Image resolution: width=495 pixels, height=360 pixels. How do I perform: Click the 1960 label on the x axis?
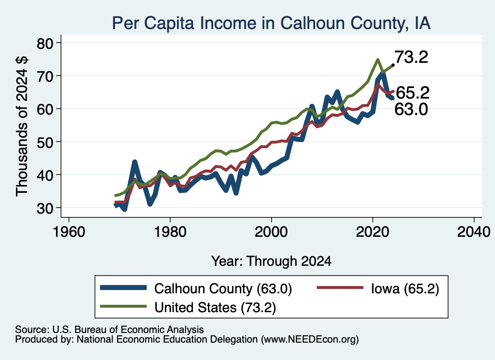coord(69,232)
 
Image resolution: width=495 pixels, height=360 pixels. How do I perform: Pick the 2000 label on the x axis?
coord(271,232)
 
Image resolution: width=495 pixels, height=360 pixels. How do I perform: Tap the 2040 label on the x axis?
coord(474,232)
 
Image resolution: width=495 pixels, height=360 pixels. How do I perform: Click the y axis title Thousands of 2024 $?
coord(22,126)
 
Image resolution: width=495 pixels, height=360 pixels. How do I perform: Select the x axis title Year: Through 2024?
coord(271,261)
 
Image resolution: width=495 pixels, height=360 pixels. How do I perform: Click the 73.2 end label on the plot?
coord(411,57)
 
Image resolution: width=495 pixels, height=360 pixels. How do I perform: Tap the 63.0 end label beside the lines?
coord(411,110)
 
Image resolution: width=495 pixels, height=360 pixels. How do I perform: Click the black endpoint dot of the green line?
coord(393,65)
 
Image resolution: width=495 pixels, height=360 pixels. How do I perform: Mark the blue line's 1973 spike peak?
coord(135,162)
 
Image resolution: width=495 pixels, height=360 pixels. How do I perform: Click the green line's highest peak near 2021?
coord(378,59)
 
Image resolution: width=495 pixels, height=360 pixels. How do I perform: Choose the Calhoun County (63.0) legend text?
coord(223,288)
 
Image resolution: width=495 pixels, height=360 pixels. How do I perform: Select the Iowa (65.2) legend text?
coord(405,288)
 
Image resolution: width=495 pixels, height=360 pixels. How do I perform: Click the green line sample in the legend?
coord(123,306)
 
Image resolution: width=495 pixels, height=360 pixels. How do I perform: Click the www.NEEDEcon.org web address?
coord(310,340)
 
